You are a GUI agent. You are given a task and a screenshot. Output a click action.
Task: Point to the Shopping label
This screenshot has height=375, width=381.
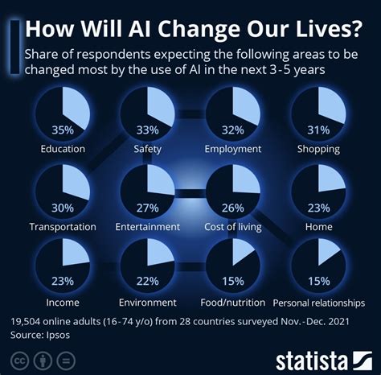[x=317, y=149]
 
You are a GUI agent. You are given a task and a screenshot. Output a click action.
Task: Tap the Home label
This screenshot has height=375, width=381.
[x=318, y=227]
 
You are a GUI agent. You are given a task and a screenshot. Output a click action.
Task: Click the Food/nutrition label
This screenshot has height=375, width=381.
[x=233, y=303]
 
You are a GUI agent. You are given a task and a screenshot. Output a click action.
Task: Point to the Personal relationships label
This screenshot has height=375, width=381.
[x=318, y=303]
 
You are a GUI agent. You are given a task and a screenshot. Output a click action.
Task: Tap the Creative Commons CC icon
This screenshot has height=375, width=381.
[x=19, y=357]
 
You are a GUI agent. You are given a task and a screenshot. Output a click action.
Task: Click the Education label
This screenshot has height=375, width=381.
[x=63, y=149]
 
